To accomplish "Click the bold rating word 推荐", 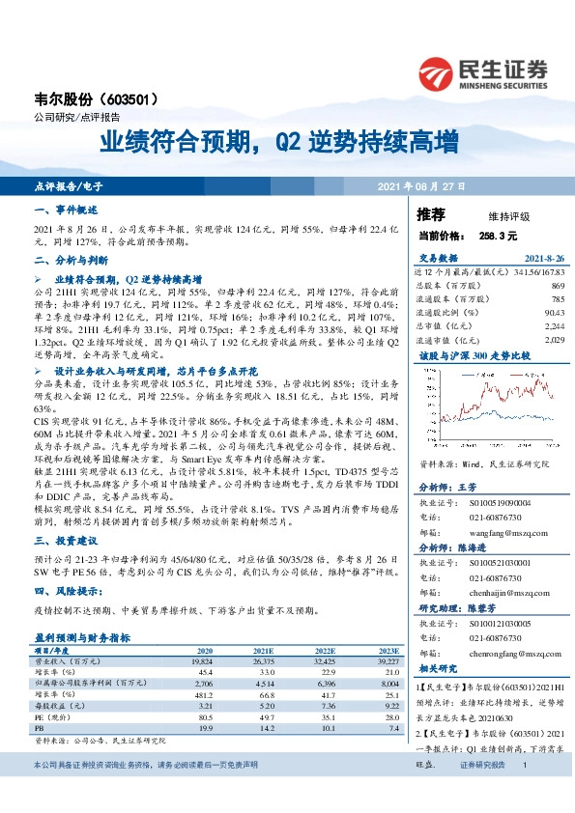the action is (x=431, y=213).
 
